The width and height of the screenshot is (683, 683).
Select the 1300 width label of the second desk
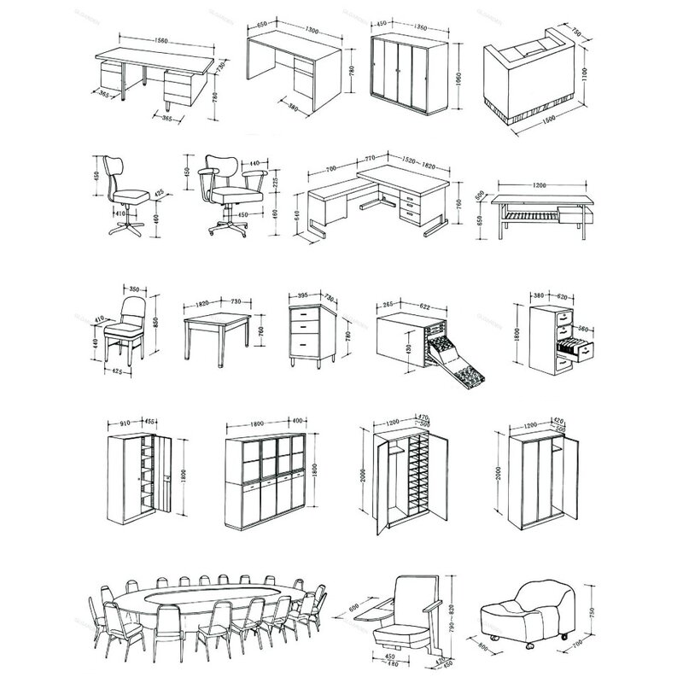tap(312, 31)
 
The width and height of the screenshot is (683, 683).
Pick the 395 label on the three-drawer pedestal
tap(301, 296)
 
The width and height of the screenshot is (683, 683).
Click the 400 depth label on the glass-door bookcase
tap(296, 421)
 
